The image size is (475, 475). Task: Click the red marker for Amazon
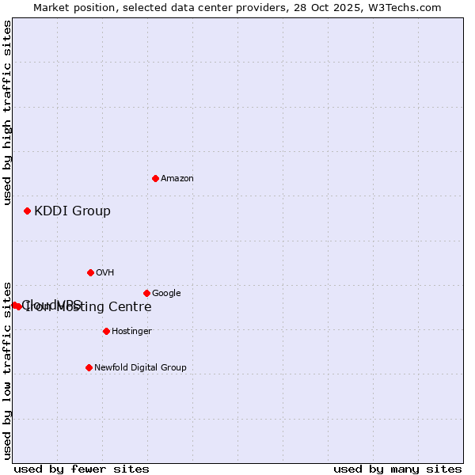click(155, 178)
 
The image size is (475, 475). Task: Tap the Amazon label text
click(177, 179)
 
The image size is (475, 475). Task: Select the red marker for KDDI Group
click(27, 211)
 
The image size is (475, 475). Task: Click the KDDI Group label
click(72, 211)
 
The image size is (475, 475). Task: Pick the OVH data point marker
click(90, 272)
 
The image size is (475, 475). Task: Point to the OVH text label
click(105, 273)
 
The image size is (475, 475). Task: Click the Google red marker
click(146, 293)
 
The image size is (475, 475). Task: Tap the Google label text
click(166, 294)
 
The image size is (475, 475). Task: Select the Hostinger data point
click(106, 331)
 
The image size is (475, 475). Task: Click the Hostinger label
click(131, 332)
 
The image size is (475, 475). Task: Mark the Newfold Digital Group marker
click(89, 367)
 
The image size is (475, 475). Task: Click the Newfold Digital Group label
click(140, 368)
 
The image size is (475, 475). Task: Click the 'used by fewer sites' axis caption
click(82, 469)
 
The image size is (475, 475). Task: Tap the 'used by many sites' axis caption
click(397, 469)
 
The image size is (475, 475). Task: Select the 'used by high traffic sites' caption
click(7, 112)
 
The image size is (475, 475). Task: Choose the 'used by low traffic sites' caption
click(7, 370)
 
